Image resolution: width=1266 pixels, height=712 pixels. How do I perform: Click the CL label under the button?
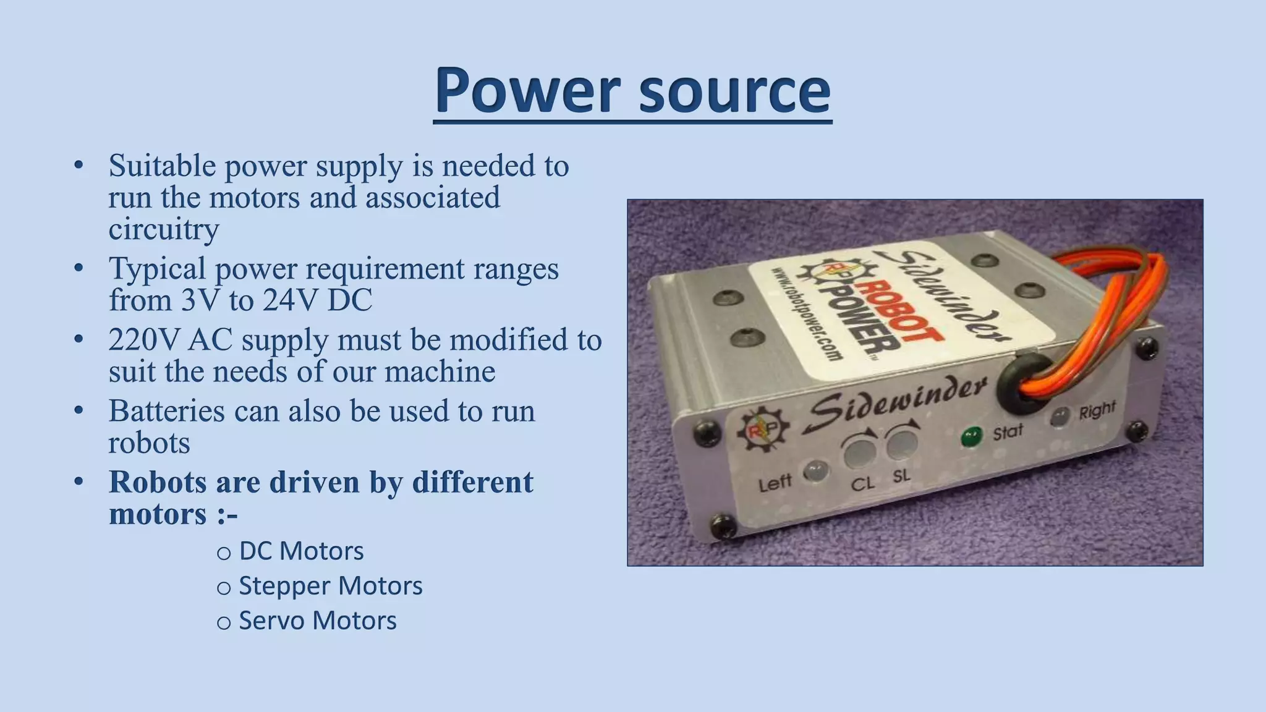pos(863,483)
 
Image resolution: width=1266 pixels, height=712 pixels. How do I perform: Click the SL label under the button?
pos(902,477)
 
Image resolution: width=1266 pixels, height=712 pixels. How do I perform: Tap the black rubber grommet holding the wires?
pos(1020,383)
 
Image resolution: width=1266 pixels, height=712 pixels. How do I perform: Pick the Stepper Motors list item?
pos(330,586)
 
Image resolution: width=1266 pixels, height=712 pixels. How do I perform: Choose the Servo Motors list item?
pos(317,621)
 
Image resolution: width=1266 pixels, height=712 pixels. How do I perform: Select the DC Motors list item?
pos(301,551)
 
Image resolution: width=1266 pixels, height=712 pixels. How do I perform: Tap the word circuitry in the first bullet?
pos(164,229)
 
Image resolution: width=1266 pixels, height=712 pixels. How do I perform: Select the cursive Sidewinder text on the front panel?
pos(896,405)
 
